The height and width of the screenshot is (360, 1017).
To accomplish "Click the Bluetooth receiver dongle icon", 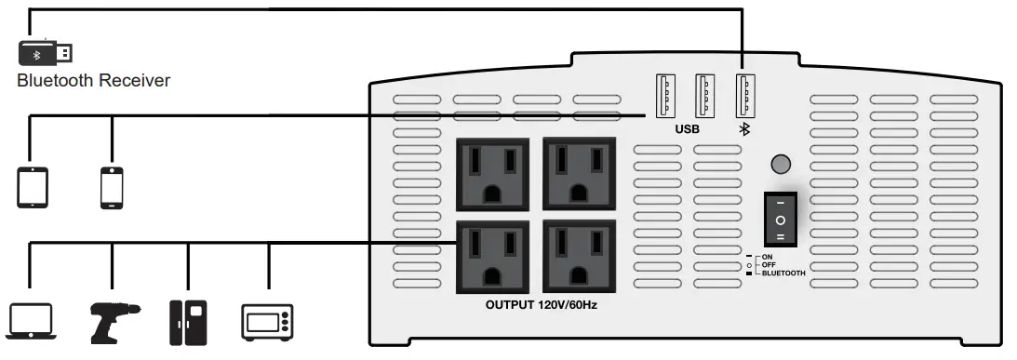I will click(x=46, y=52).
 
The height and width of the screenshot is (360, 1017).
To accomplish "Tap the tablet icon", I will click(x=32, y=186).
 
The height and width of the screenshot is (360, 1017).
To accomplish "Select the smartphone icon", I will click(x=112, y=186).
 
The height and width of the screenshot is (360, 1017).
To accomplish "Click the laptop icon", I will click(x=32, y=319).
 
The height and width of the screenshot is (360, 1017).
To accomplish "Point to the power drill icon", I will click(x=113, y=319).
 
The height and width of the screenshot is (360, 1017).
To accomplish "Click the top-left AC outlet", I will click(x=491, y=174).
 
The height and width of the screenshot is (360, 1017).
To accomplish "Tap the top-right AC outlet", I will click(x=579, y=174).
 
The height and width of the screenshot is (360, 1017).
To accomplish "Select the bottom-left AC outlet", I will click(x=491, y=256).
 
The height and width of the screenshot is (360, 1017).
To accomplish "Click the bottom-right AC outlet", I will click(x=579, y=256).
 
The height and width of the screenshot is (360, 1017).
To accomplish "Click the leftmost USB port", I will click(x=665, y=95).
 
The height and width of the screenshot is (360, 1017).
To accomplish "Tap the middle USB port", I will click(x=704, y=95).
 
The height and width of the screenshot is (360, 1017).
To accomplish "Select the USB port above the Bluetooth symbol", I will click(x=743, y=95).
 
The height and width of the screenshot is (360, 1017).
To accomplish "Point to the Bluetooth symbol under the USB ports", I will click(x=743, y=130).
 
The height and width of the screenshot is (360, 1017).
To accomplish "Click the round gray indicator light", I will click(x=781, y=165).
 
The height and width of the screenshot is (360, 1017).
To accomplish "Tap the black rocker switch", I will click(x=781, y=220).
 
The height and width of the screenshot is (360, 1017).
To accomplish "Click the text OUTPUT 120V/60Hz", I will click(x=541, y=305).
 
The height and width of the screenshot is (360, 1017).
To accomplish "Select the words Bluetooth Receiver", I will click(x=93, y=81).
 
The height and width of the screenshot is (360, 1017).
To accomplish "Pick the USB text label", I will click(x=688, y=131).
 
